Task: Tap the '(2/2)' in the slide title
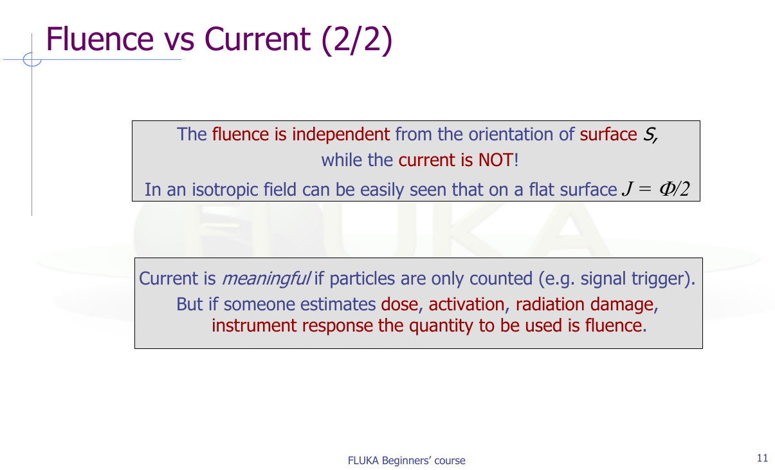click(357, 40)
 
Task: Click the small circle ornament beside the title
click(32, 60)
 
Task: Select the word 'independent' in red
click(341, 134)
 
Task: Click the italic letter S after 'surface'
click(650, 135)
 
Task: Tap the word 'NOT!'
click(498, 160)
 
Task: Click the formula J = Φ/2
click(655, 189)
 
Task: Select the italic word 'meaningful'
click(266, 279)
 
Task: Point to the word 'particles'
click(362, 279)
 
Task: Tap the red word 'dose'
click(399, 305)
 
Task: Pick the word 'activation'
click(466, 305)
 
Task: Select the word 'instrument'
click(254, 326)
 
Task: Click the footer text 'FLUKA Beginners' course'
click(406, 460)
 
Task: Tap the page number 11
click(762, 458)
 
